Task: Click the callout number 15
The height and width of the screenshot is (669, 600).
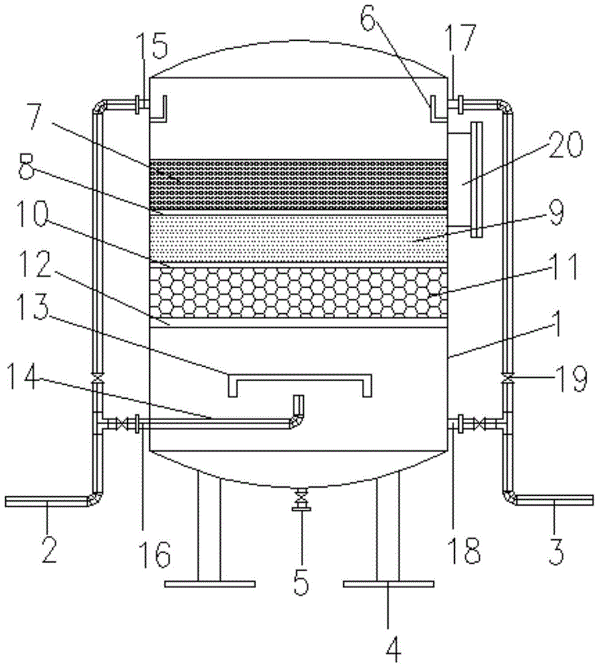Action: click(x=152, y=47)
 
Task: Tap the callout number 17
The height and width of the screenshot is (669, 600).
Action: click(x=460, y=37)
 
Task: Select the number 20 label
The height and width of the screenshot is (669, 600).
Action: click(x=565, y=145)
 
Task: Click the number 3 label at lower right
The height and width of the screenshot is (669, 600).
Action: click(x=556, y=551)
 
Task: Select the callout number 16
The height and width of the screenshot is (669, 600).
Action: click(x=155, y=554)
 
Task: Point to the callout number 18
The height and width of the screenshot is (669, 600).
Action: click(x=466, y=551)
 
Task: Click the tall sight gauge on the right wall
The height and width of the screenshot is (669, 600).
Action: click(x=476, y=179)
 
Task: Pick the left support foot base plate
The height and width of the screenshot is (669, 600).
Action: click(x=210, y=583)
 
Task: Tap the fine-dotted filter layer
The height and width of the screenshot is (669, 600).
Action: click(x=299, y=238)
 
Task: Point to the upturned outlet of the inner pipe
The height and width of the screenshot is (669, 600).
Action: click(x=298, y=405)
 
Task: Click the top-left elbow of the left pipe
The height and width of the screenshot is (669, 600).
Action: click(x=98, y=106)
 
